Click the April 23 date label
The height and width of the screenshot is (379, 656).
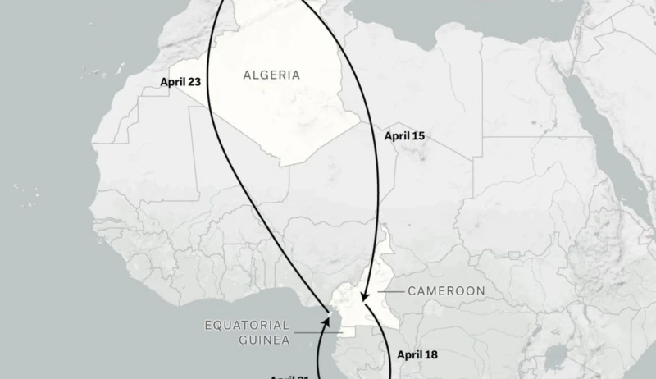(x=181, y=82)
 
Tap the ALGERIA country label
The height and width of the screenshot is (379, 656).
(x=271, y=75)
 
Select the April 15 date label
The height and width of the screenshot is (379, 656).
(x=404, y=135)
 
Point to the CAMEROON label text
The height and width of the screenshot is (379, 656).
(x=446, y=291)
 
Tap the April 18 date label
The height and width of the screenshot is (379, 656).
(x=417, y=355)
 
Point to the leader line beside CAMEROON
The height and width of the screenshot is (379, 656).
(x=392, y=291)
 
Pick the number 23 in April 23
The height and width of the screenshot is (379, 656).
(x=194, y=82)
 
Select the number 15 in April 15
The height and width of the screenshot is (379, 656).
(x=417, y=135)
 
